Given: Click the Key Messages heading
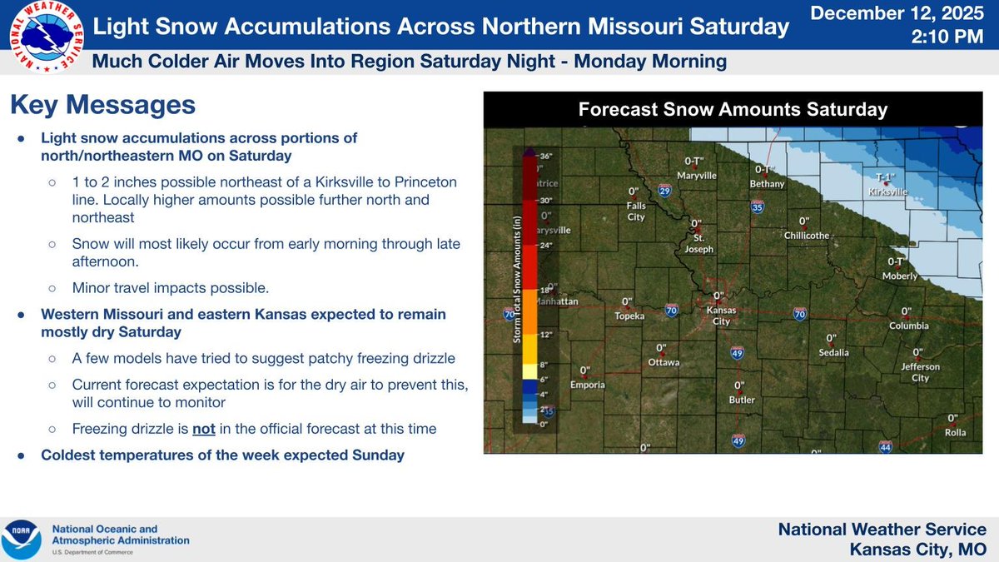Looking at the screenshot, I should tap(102, 105).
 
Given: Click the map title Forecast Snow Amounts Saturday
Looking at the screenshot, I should tap(733, 109).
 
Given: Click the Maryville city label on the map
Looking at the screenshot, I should tap(697, 176).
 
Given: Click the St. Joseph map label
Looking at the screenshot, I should tap(698, 242).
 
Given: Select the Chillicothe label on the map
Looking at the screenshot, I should tap(806, 236).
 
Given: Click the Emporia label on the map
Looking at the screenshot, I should tap(586, 385).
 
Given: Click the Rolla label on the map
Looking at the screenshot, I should tap(956, 432).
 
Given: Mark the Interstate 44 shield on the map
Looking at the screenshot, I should tap(885, 447).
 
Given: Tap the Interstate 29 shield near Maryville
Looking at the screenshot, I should tap(664, 191).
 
